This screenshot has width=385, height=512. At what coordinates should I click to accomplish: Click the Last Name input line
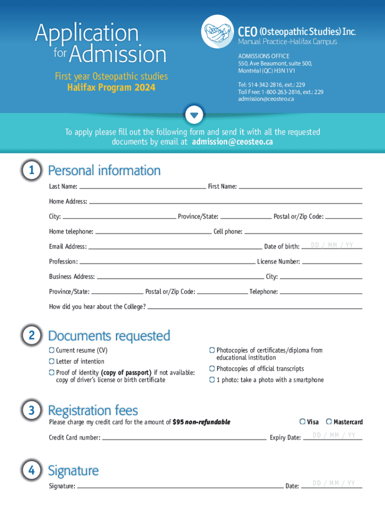tap(142, 187)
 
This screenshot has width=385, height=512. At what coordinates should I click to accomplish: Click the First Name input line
tap(300, 187)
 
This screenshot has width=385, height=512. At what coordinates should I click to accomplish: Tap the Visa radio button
tap(302, 422)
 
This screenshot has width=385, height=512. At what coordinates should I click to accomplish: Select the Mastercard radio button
tap(329, 422)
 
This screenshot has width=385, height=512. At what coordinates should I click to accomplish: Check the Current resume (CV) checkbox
tap(51, 350)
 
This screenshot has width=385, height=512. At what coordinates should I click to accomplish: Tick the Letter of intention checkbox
tap(51, 361)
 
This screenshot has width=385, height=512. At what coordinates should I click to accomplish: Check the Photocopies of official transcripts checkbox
tap(212, 368)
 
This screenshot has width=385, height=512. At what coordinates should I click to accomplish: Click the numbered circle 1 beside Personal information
tap(31, 171)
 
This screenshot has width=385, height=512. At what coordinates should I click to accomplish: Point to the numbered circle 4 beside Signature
tap(31, 470)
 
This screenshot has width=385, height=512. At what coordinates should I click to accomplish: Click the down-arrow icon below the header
tap(194, 115)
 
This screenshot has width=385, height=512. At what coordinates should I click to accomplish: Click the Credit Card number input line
tap(184, 437)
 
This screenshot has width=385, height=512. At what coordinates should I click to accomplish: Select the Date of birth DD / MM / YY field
tap(332, 245)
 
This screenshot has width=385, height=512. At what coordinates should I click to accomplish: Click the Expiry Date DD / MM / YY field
tap(334, 435)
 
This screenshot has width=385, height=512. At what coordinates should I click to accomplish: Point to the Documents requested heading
tap(109, 335)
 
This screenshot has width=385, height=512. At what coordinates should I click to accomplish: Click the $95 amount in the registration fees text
tap(178, 422)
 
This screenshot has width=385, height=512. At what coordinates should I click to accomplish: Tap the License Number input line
tap(331, 261)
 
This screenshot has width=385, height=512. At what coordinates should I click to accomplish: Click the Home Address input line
tap(225, 202)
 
